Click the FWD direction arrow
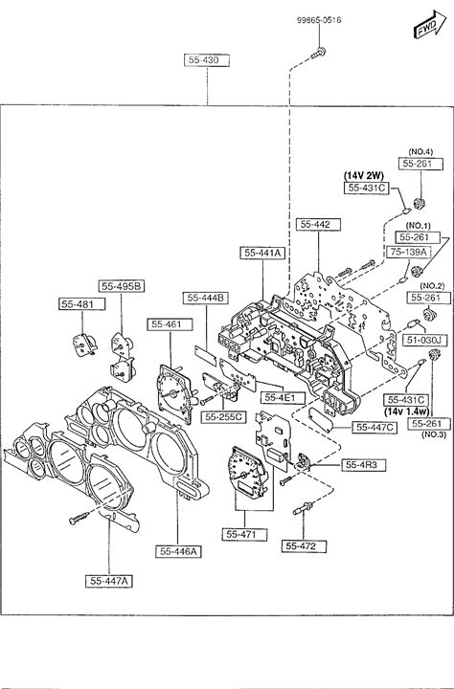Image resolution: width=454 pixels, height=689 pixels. [430, 25]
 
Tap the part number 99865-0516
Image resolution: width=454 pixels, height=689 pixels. [319, 20]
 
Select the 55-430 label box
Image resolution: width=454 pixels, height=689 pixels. [207, 60]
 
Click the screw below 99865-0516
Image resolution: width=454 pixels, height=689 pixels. [318, 54]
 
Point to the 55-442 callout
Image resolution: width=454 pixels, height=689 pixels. [318, 224]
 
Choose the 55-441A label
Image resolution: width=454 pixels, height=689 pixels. [262, 253]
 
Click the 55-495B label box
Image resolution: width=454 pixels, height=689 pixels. [122, 286]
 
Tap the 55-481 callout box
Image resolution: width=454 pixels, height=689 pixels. [82, 304]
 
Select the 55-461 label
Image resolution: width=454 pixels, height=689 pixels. [170, 324]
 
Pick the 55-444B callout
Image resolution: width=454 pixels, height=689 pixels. [206, 298]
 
